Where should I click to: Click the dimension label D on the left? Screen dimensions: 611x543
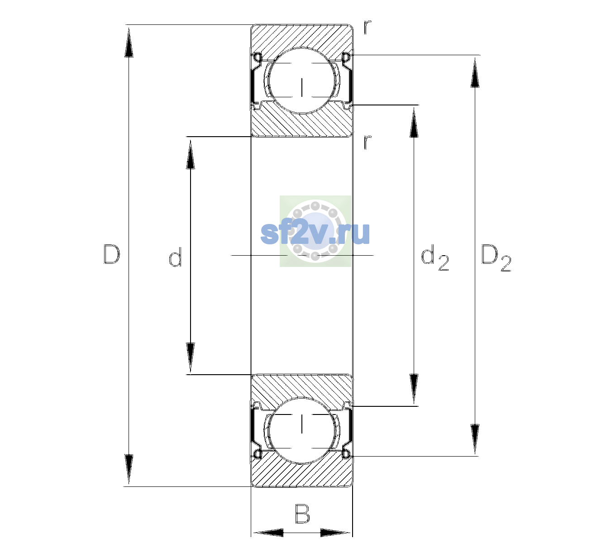tap(112, 254)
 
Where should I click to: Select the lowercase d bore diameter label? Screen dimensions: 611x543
tap(175, 257)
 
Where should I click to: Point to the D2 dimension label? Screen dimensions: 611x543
tap(496, 258)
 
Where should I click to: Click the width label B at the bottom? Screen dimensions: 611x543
tap(302, 514)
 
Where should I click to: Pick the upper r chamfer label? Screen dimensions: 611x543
tap(368, 27)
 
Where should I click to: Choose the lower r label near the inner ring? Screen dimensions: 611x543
tap(368, 142)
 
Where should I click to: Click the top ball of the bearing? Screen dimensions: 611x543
tap(302, 80)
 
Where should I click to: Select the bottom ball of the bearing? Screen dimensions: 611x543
tap(302, 430)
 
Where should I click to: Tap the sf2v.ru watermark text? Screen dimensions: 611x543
tap(315, 233)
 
